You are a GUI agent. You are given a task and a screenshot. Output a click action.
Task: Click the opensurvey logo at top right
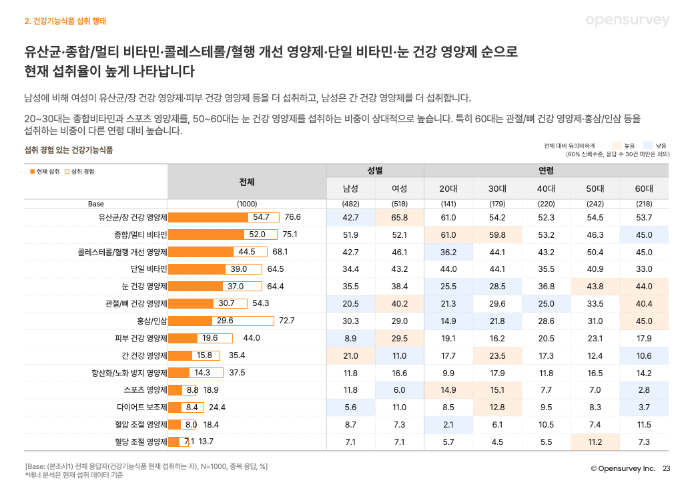tap(627, 21)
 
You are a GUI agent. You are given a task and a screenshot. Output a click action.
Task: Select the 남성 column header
tap(350, 188)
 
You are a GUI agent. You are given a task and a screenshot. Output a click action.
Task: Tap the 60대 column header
tap(644, 188)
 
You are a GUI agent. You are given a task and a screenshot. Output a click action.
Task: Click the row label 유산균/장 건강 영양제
tap(131, 217)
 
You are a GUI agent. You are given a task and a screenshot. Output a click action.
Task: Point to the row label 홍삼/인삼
tap(151, 321)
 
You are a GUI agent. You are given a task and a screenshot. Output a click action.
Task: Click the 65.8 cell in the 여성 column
tap(399, 217)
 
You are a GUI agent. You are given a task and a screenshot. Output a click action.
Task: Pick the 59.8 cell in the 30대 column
tap(497, 234)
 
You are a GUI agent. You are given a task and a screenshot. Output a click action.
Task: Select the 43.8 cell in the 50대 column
tap(595, 286)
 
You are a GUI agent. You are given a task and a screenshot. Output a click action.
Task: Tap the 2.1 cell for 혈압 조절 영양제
tap(448, 424)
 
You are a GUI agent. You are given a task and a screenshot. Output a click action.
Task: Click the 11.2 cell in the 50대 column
tap(595, 442)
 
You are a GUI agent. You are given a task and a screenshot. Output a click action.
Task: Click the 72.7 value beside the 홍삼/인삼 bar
tap(286, 321)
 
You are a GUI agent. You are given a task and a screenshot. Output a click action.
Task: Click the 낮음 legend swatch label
tap(661, 145)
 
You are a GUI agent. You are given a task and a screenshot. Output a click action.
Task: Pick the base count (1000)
tap(246, 203)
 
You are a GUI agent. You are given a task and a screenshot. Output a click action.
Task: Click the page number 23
tap(665, 468)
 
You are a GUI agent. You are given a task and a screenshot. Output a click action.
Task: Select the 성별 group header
tap(374, 171)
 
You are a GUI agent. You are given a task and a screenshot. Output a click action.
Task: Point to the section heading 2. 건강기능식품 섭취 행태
tap(65, 21)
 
